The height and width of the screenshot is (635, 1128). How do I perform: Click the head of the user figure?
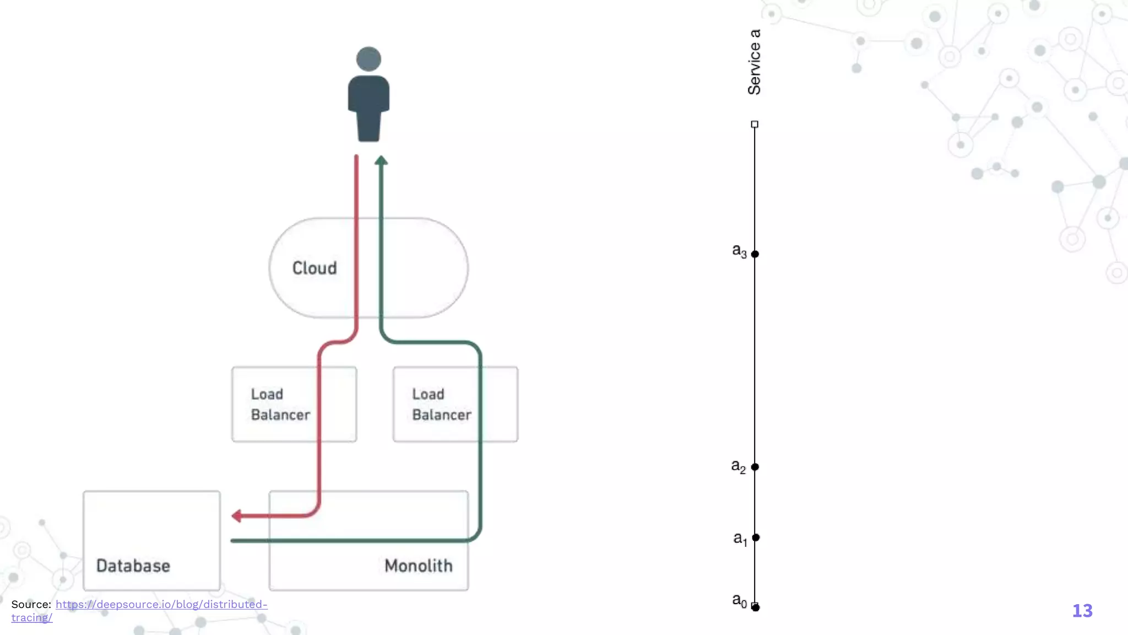368,59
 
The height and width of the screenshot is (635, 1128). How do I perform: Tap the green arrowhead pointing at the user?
381,160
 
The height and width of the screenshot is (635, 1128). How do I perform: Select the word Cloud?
314,268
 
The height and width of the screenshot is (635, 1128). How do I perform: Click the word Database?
133,566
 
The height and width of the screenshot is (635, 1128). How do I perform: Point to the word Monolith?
419,566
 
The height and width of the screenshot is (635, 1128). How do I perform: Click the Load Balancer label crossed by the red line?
280,405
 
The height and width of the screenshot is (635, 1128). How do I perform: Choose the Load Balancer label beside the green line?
442,405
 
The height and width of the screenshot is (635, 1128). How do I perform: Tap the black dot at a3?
755,254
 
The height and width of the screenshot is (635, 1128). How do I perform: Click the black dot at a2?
755,467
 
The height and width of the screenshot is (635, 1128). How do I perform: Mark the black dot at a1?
756,537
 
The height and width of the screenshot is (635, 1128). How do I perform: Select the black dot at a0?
756,607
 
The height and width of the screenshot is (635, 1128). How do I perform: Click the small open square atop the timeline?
755,125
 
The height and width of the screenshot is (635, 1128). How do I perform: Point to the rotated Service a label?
754,62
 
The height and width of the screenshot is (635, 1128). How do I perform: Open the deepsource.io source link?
161,604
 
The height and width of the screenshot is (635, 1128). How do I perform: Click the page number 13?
1082,611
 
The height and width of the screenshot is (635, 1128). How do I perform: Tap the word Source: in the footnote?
31,604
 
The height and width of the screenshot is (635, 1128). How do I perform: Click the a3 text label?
739,251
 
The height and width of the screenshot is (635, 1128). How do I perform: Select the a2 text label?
739,466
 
